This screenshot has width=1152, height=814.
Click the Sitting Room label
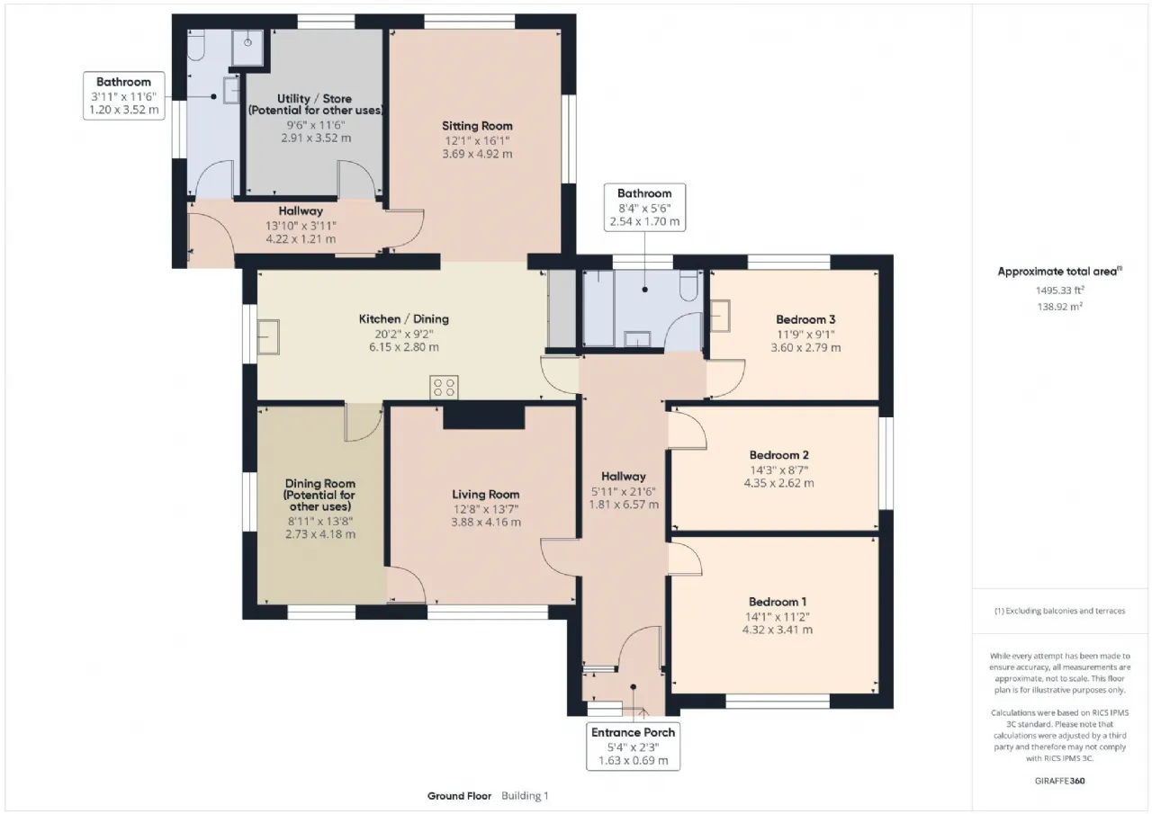tap(477, 126)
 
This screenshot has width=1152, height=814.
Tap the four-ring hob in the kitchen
tap(444, 387)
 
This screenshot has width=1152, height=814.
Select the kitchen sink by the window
tap(268, 337)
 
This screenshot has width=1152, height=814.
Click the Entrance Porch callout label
tap(633, 732)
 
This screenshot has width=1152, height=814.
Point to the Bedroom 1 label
tap(777, 602)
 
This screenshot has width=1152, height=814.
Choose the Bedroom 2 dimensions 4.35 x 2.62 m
tap(778, 483)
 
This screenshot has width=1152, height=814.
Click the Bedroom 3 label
tap(805, 319)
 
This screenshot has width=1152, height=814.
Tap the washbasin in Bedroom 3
tap(720, 316)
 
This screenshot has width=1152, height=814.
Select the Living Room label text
tap(485, 495)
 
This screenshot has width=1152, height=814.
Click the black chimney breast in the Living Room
tap(484, 416)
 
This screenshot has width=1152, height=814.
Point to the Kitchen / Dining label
tap(404, 319)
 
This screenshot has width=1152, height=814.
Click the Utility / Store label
tap(314, 99)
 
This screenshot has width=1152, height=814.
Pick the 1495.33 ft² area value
tap(1060, 291)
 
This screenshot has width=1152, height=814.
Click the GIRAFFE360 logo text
tap(1059, 781)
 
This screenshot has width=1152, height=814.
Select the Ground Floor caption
tap(459, 796)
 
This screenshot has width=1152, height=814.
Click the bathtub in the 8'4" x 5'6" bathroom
tap(598, 309)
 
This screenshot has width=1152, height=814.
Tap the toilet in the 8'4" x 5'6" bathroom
tap(688, 286)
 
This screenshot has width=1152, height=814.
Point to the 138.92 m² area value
tap(1060, 307)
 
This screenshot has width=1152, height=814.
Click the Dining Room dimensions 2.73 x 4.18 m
tap(319, 534)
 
